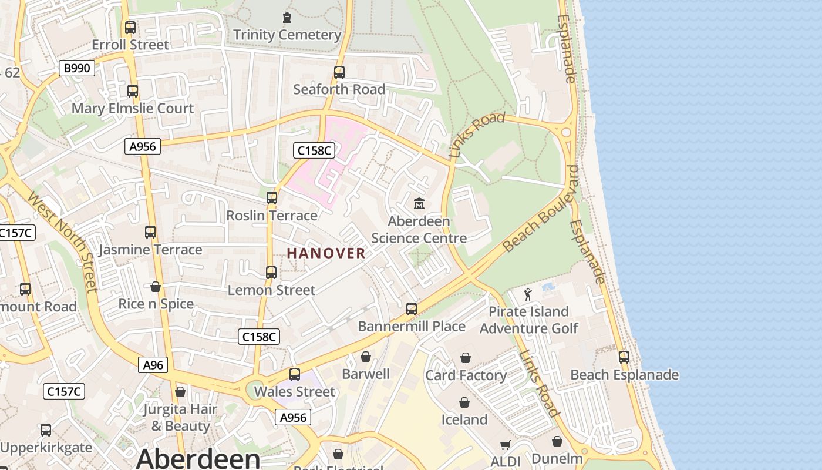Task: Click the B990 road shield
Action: pyautogui.click(x=77, y=68)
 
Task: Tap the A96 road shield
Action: pyautogui.click(x=154, y=365)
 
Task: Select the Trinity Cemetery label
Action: pyautogui.click(x=287, y=35)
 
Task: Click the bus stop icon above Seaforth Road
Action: pyautogui.click(x=339, y=72)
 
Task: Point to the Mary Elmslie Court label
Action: pyautogui.click(x=132, y=108)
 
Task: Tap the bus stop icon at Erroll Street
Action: pyautogui.click(x=130, y=28)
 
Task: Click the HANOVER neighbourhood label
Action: pyautogui.click(x=326, y=253)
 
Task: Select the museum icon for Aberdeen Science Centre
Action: pyautogui.click(x=419, y=204)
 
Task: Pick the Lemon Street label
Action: pyautogui.click(x=271, y=290)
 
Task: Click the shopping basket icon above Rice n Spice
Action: pyautogui.click(x=156, y=287)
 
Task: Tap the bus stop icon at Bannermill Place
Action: pyautogui.click(x=412, y=309)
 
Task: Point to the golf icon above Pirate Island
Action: pyautogui.click(x=528, y=294)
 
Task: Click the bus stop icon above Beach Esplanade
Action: pyautogui.click(x=624, y=357)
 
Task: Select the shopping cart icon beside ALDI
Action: pyautogui.click(x=506, y=445)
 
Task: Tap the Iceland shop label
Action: pyautogui.click(x=464, y=419)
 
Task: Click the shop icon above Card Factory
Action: pyautogui.click(x=466, y=358)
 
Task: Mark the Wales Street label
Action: pyautogui.click(x=295, y=391)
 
